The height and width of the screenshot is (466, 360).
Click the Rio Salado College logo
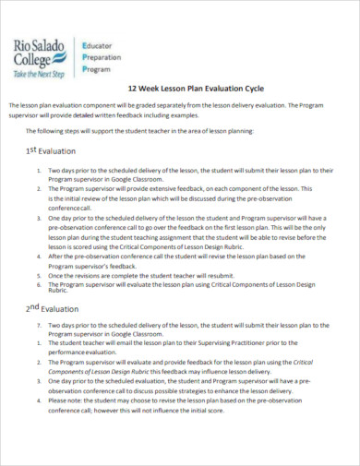pyautogui.click(x=40, y=54)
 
